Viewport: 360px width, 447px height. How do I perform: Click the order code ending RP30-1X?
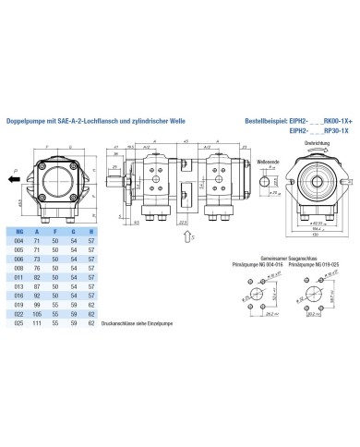click(334, 131)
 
